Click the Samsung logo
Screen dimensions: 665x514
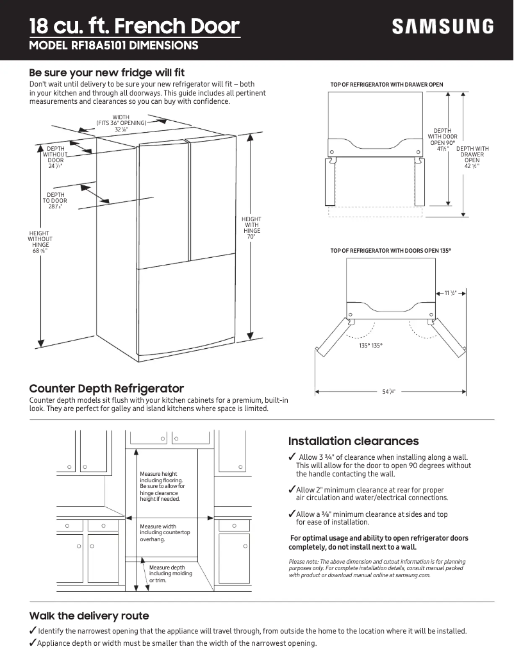[443, 27]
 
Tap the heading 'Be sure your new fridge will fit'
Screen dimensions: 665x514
[107, 72]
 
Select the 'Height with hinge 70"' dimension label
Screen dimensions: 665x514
[251, 228]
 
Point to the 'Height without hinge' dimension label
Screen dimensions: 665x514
[40, 242]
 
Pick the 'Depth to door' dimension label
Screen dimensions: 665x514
[56, 201]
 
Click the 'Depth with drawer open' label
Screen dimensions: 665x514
[472, 158]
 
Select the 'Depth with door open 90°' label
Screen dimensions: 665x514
[442, 139]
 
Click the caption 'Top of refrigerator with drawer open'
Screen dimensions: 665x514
[386, 85]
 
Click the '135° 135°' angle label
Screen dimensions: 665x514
[370, 346]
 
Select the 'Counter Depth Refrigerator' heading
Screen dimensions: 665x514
[107, 389]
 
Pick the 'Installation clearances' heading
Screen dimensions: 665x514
[353, 441]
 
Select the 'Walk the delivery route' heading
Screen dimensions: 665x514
[89, 616]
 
